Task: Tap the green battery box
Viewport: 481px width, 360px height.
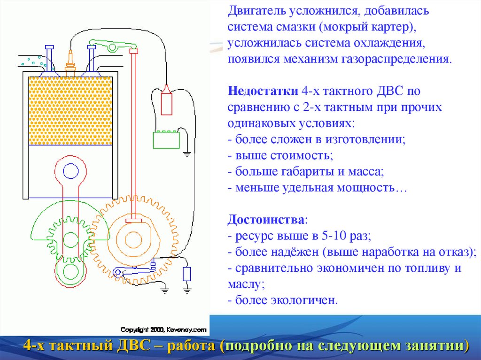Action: click(166, 140)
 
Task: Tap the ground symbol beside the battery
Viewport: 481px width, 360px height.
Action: click(187, 153)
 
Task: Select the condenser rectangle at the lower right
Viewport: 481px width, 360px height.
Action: click(187, 274)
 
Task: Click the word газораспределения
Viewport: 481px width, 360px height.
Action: click(403, 59)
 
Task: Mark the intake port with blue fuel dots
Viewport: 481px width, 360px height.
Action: click(31, 61)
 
